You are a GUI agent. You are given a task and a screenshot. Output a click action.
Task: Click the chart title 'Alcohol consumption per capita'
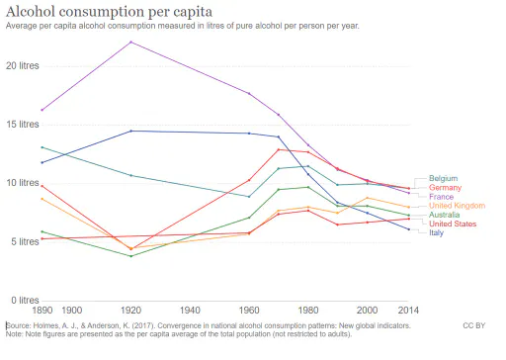(x=109, y=12)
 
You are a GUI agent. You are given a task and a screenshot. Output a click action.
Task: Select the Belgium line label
(x=443, y=178)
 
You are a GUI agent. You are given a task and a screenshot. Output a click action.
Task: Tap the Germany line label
(x=445, y=188)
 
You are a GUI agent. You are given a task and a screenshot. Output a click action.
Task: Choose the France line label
(x=441, y=197)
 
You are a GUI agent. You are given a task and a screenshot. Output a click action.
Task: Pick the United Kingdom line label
(x=457, y=206)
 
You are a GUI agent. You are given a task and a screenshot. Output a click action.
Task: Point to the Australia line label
(x=444, y=215)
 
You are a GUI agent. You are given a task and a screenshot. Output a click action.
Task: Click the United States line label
(x=453, y=224)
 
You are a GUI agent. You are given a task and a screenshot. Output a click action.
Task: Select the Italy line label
(x=436, y=232)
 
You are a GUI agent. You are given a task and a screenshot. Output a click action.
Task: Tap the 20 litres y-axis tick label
(x=23, y=65)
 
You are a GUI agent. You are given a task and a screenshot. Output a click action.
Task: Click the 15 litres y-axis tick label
(x=23, y=125)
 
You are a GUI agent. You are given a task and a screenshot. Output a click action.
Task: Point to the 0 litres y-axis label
(x=25, y=301)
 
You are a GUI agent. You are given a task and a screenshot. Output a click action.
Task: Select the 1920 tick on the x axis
(x=130, y=311)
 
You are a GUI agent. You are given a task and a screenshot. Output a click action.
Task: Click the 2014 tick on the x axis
(x=408, y=311)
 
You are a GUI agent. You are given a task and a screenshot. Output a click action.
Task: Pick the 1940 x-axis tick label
(x=190, y=311)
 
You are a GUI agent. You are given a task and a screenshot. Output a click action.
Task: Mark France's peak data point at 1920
(x=131, y=42)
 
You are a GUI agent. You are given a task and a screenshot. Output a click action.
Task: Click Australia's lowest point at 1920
(x=131, y=256)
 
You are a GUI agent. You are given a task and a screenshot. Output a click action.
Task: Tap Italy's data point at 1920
(x=131, y=131)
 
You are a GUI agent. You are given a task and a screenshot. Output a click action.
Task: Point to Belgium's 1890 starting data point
(x=42, y=147)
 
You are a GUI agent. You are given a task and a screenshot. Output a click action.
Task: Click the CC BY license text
(x=474, y=325)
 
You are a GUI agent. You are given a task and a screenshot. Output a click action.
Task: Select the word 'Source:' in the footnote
(x=18, y=325)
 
